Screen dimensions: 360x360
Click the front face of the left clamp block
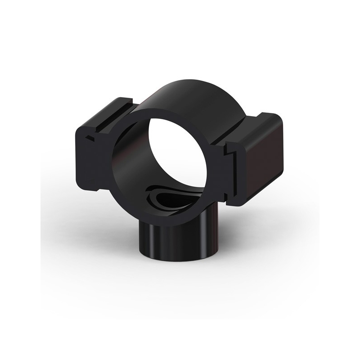coord(94,157)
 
